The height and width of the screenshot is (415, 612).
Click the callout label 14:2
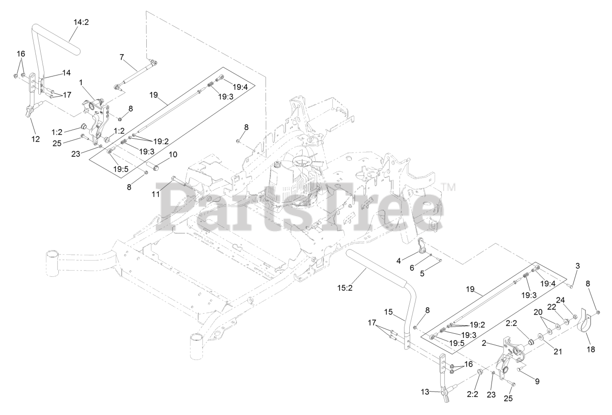(81, 22)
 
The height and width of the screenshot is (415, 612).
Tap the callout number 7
(122, 57)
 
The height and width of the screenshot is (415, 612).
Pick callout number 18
(591, 349)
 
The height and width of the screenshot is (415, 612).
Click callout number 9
(536, 381)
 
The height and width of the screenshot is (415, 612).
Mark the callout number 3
(577, 265)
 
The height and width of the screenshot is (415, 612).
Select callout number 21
(557, 351)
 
